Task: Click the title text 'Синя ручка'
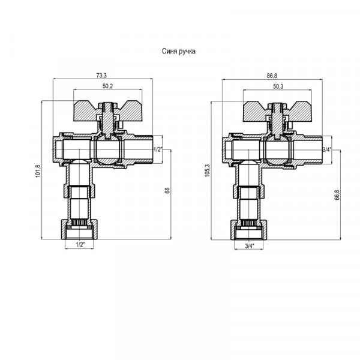[179, 51]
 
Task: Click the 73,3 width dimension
[101, 76]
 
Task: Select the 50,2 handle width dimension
[107, 86]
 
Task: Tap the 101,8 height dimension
[38, 171]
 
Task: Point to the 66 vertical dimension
[167, 190]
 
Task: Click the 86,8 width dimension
[272, 76]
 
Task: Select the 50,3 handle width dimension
[278, 86]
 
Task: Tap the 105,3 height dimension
[208, 171]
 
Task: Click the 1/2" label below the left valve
[80, 245]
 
